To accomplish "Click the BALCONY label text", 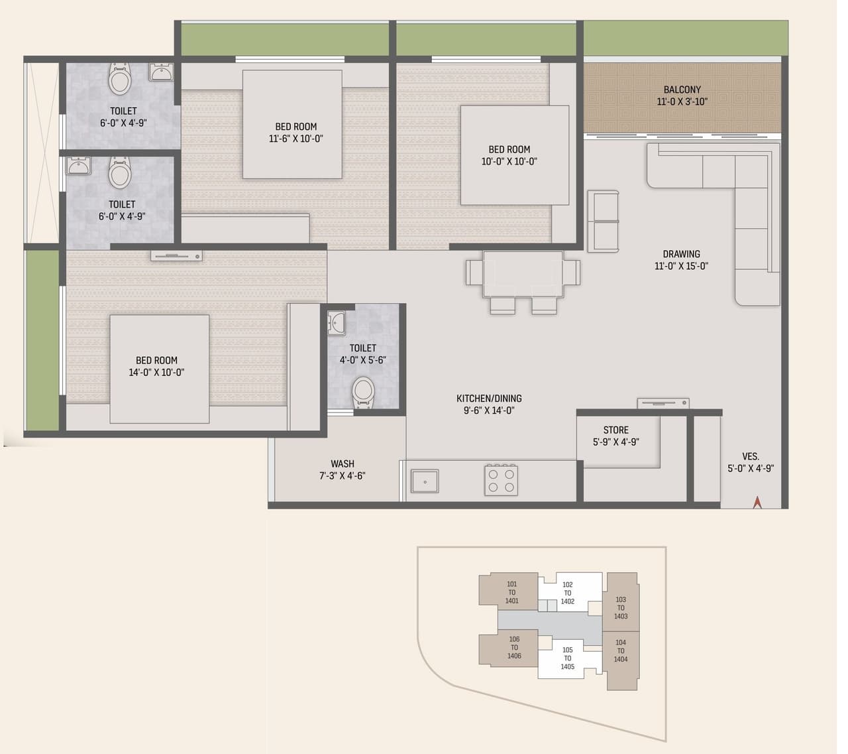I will pyautogui.click(x=682, y=90).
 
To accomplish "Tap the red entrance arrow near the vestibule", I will pyautogui.click(x=757, y=502).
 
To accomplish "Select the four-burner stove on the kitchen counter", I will pyautogui.click(x=501, y=479).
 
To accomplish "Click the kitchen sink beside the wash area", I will pyautogui.click(x=425, y=481).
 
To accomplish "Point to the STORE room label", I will pyautogui.click(x=615, y=430).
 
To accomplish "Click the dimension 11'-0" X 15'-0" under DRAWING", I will pyautogui.click(x=681, y=266).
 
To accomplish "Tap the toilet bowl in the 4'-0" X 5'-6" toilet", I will pyautogui.click(x=362, y=391).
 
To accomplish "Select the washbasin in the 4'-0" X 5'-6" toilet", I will pyautogui.click(x=337, y=322).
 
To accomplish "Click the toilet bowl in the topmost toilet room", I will pyautogui.click(x=119, y=79).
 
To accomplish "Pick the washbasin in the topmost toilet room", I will pyautogui.click(x=161, y=71).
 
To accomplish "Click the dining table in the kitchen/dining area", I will pyautogui.click(x=523, y=273).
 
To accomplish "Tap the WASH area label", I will pyautogui.click(x=343, y=464).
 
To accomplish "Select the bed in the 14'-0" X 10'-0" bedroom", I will pyautogui.click(x=159, y=368).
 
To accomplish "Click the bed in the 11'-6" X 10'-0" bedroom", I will pyautogui.click(x=292, y=124).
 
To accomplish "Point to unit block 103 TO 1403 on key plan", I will pyautogui.click(x=621, y=607).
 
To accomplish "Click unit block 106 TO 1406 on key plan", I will pyautogui.click(x=514, y=647).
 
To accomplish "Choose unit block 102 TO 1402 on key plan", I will pyautogui.click(x=568, y=593).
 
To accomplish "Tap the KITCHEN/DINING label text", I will pyautogui.click(x=489, y=399).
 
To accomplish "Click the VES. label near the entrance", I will pyautogui.click(x=750, y=456).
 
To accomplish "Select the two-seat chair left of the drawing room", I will pyautogui.click(x=603, y=221).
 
